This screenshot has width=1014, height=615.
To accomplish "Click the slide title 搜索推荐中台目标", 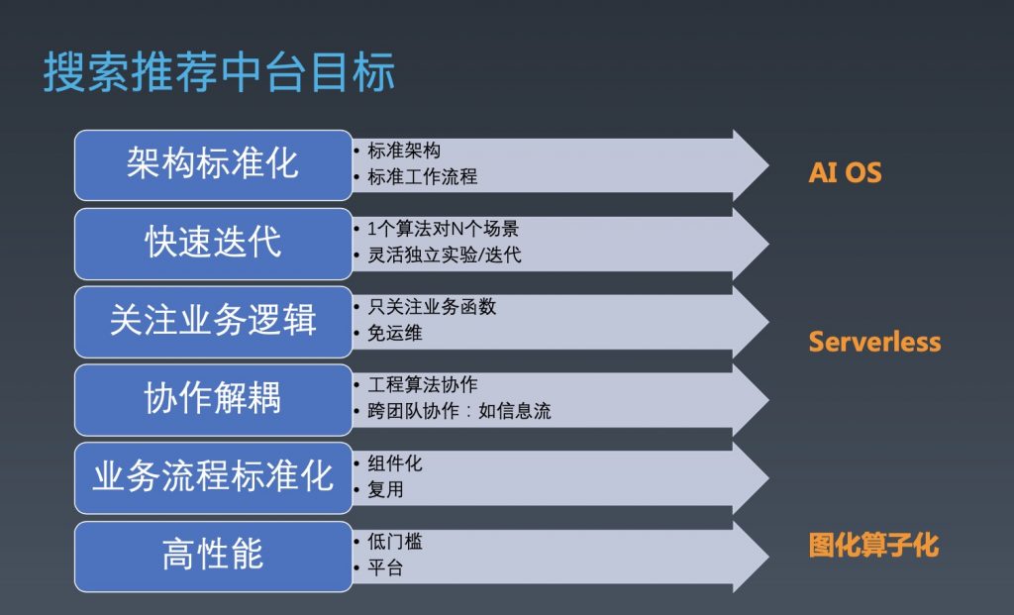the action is tap(219, 71).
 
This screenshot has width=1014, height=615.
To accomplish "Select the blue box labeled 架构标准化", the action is tap(214, 165).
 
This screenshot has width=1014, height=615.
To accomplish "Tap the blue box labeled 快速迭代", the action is tap(214, 244).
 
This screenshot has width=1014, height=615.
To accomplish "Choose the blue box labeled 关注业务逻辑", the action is tap(214, 322).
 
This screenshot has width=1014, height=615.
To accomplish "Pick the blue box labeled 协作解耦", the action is tap(214, 400).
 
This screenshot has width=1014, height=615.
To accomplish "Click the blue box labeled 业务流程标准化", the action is tap(214, 478).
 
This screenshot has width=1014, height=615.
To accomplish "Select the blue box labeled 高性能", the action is tap(214, 557).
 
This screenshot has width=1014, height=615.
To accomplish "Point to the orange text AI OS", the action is tap(846, 172).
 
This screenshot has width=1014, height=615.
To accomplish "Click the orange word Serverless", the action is tap(875, 342).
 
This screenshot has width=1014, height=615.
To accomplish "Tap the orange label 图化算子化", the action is tap(873, 545).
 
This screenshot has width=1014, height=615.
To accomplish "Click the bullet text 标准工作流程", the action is tap(422, 176).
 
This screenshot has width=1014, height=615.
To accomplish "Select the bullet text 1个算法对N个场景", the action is tap(443, 229).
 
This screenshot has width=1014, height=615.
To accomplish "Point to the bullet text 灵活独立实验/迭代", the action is tap(445, 255).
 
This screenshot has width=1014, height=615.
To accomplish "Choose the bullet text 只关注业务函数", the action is tap(432, 307).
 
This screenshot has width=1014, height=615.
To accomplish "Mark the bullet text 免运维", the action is tap(395, 333).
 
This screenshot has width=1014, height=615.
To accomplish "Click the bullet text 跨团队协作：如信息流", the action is tap(459, 411).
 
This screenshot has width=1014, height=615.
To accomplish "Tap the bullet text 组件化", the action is tap(395, 463).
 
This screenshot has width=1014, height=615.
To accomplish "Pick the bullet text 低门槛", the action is tap(395, 542).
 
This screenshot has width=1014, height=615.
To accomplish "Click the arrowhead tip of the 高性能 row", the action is tap(768, 557).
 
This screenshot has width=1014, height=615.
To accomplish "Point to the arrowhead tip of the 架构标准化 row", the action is tap(768, 165).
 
